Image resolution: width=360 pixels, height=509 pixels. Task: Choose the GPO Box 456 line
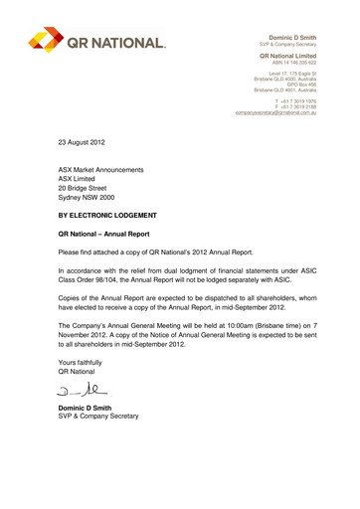click(307, 80)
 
